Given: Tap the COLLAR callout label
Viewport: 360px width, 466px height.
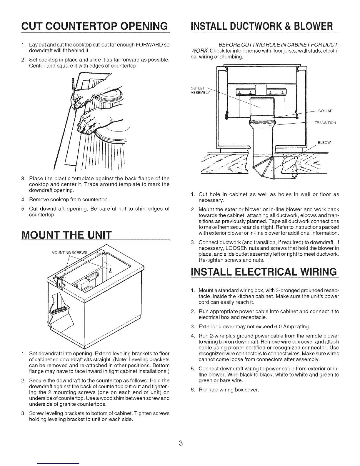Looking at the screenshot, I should pyautogui.click(x=325, y=111).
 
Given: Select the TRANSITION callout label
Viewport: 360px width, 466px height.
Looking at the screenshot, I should pyautogui.click(x=325, y=123).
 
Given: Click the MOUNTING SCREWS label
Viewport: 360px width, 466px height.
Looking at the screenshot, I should pyautogui.click(x=69, y=252).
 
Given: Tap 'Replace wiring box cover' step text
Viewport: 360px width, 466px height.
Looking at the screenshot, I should pyautogui.click(x=229, y=390).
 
